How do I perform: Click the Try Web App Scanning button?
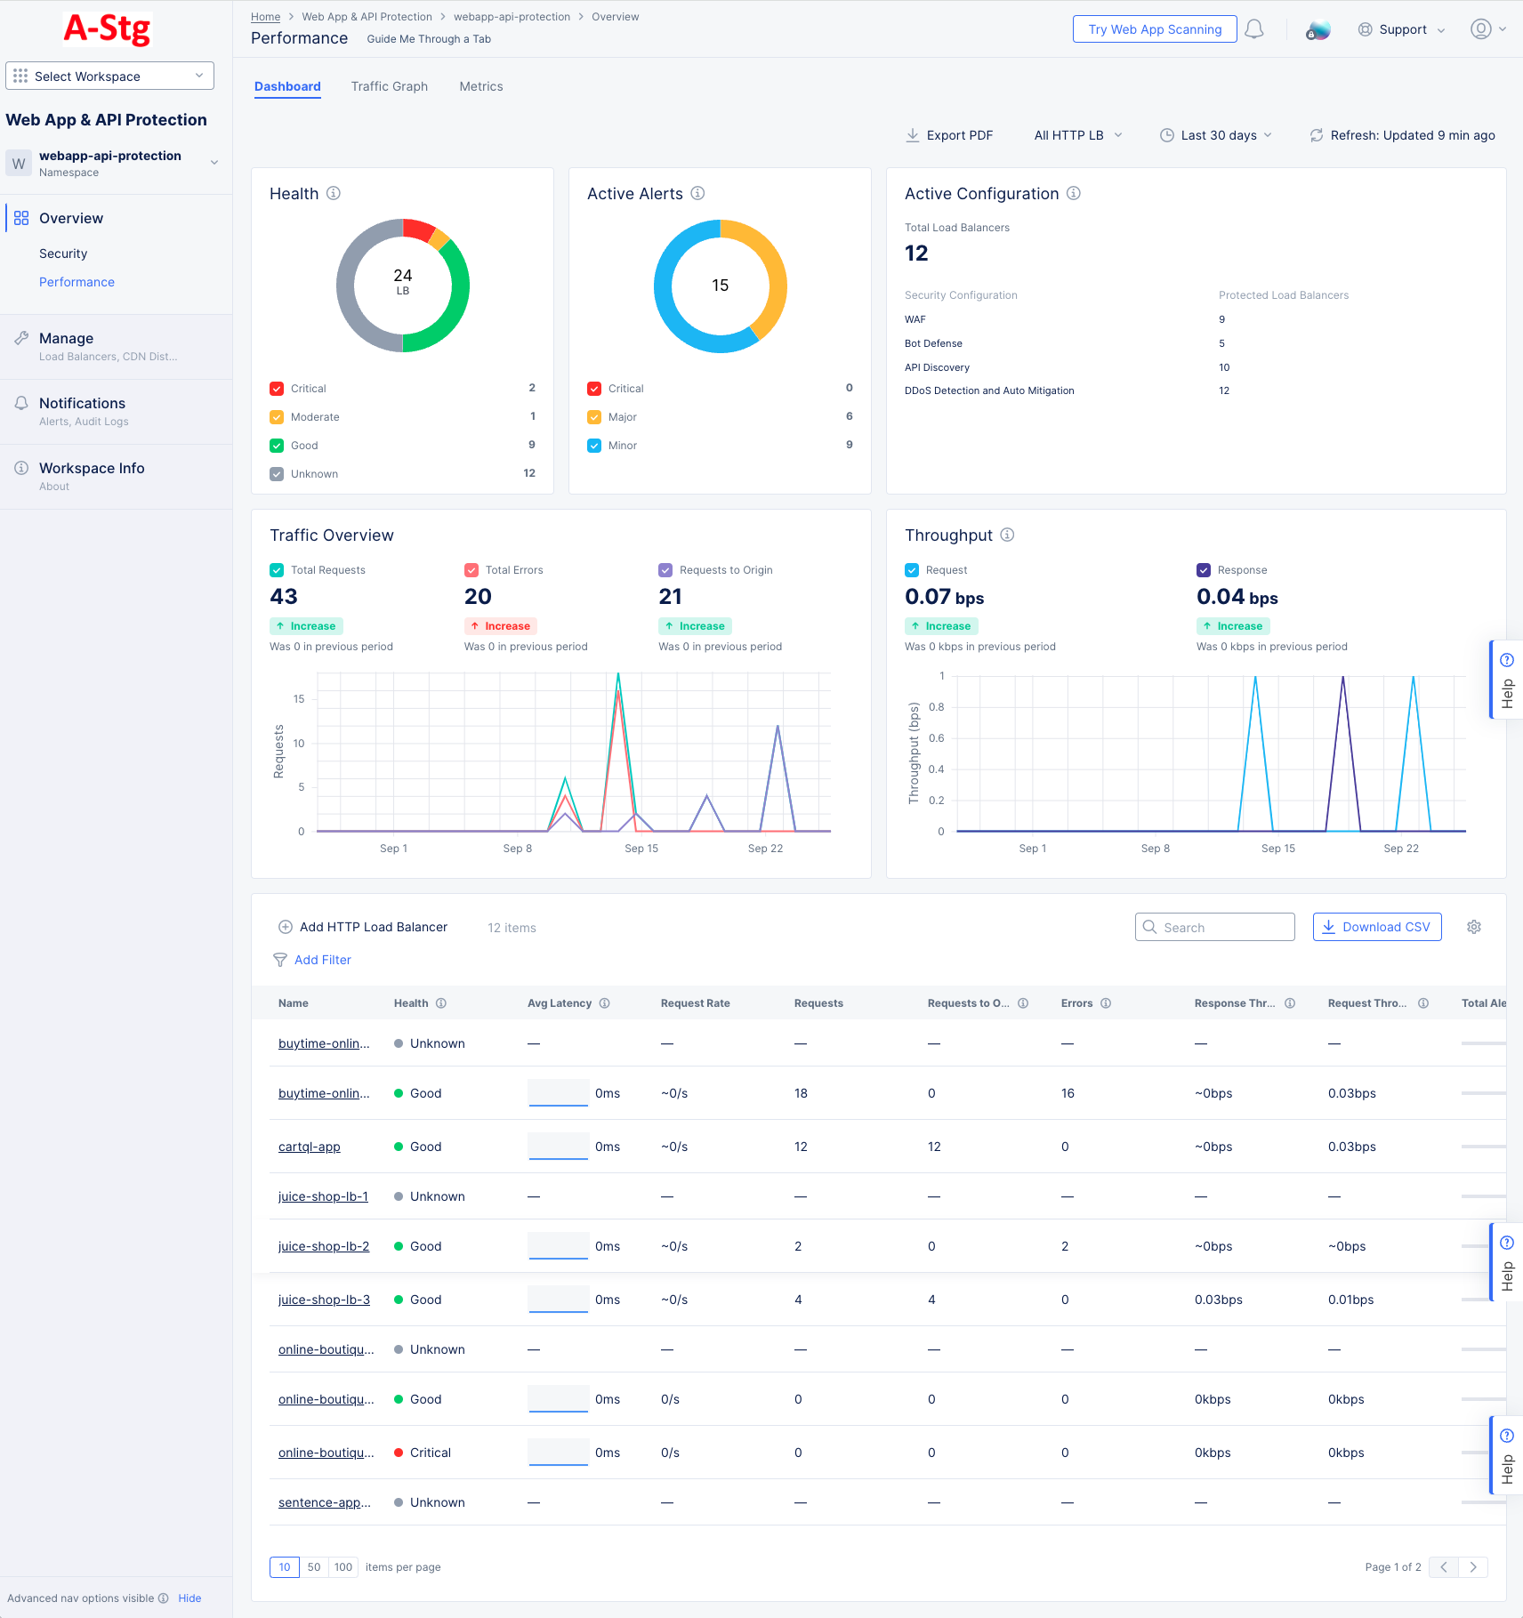1154,29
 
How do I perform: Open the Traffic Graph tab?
389,86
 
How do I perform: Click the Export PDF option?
949,135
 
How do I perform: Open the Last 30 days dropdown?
1216,135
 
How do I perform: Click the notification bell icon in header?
1253,29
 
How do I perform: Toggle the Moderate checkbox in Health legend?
277,417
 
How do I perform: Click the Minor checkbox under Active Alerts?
594,446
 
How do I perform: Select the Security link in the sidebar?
63,254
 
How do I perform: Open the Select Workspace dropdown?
109,76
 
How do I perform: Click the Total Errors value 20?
478,597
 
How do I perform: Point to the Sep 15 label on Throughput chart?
1277,849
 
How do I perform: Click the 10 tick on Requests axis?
299,744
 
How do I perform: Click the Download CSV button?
1376,927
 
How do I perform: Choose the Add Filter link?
322,960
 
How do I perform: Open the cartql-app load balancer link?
309,1147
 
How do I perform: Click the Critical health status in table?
430,1453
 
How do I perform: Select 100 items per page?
343,1567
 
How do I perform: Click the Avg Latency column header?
559,1003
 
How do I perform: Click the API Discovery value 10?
1224,367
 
